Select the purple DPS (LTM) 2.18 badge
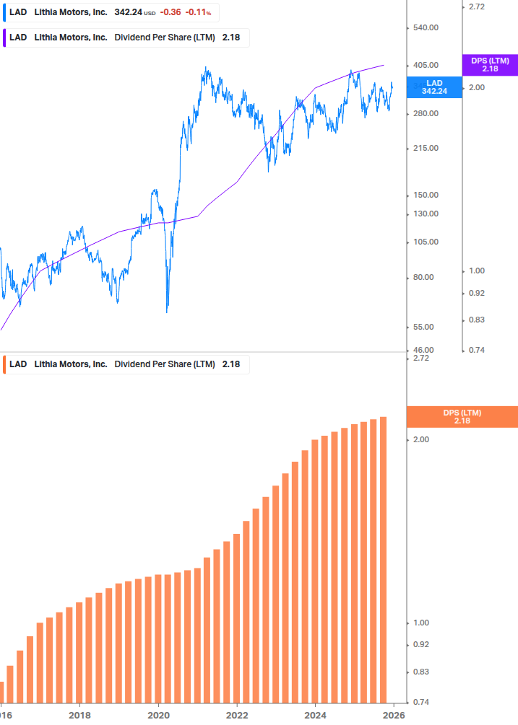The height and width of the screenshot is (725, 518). click(489, 65)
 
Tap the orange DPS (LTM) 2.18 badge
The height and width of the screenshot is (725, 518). click(462, 416)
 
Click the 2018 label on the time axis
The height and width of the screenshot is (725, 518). click(79, 716)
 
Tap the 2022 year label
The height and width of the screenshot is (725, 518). click(237, 716)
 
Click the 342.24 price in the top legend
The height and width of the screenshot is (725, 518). click(128, 12)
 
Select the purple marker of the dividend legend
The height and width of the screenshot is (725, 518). click(4, 38)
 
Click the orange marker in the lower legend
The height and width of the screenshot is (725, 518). click(4, 364)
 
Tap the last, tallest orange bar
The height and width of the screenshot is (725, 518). click(384, 559)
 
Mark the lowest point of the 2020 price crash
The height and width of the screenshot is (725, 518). click(167, 312)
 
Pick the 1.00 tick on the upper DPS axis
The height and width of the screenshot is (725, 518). click(476, 271)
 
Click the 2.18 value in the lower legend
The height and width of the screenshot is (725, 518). click(230, 364)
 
